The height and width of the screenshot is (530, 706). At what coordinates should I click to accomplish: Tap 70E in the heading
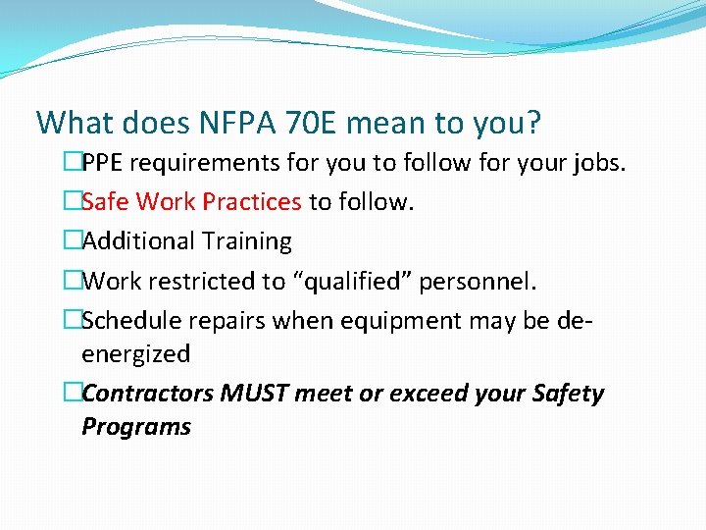pos(308,124)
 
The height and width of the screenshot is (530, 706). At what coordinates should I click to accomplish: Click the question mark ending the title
pos(532,124)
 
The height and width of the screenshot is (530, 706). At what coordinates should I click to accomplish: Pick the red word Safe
pos(106,201)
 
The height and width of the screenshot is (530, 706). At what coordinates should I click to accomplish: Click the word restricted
pos(204,282)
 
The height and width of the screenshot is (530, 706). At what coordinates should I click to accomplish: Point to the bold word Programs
pos(135,426)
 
